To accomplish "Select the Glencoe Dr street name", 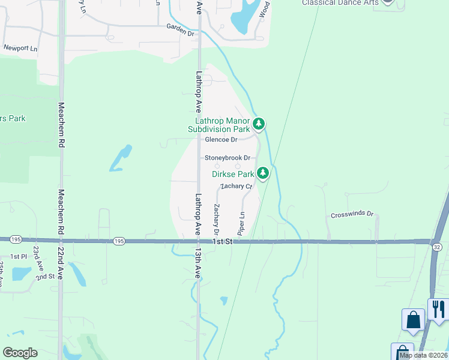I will (x=221, y=140).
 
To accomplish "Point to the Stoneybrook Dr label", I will (x=228, y=158).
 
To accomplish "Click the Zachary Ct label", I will (x=236, y=186).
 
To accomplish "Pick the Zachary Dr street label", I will (x=215, y=219).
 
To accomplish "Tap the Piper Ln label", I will (x=241, y=223).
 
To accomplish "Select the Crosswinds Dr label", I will (x=352, y=214).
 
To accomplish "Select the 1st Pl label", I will (x=19, y=256).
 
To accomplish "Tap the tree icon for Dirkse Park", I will (x=262, y=174).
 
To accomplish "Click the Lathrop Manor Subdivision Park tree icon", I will (x=259, y=125).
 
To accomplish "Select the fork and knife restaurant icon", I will (x=438, y=310).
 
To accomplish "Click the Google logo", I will (x=20, y=353).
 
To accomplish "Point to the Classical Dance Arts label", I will (x=340, y=2).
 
